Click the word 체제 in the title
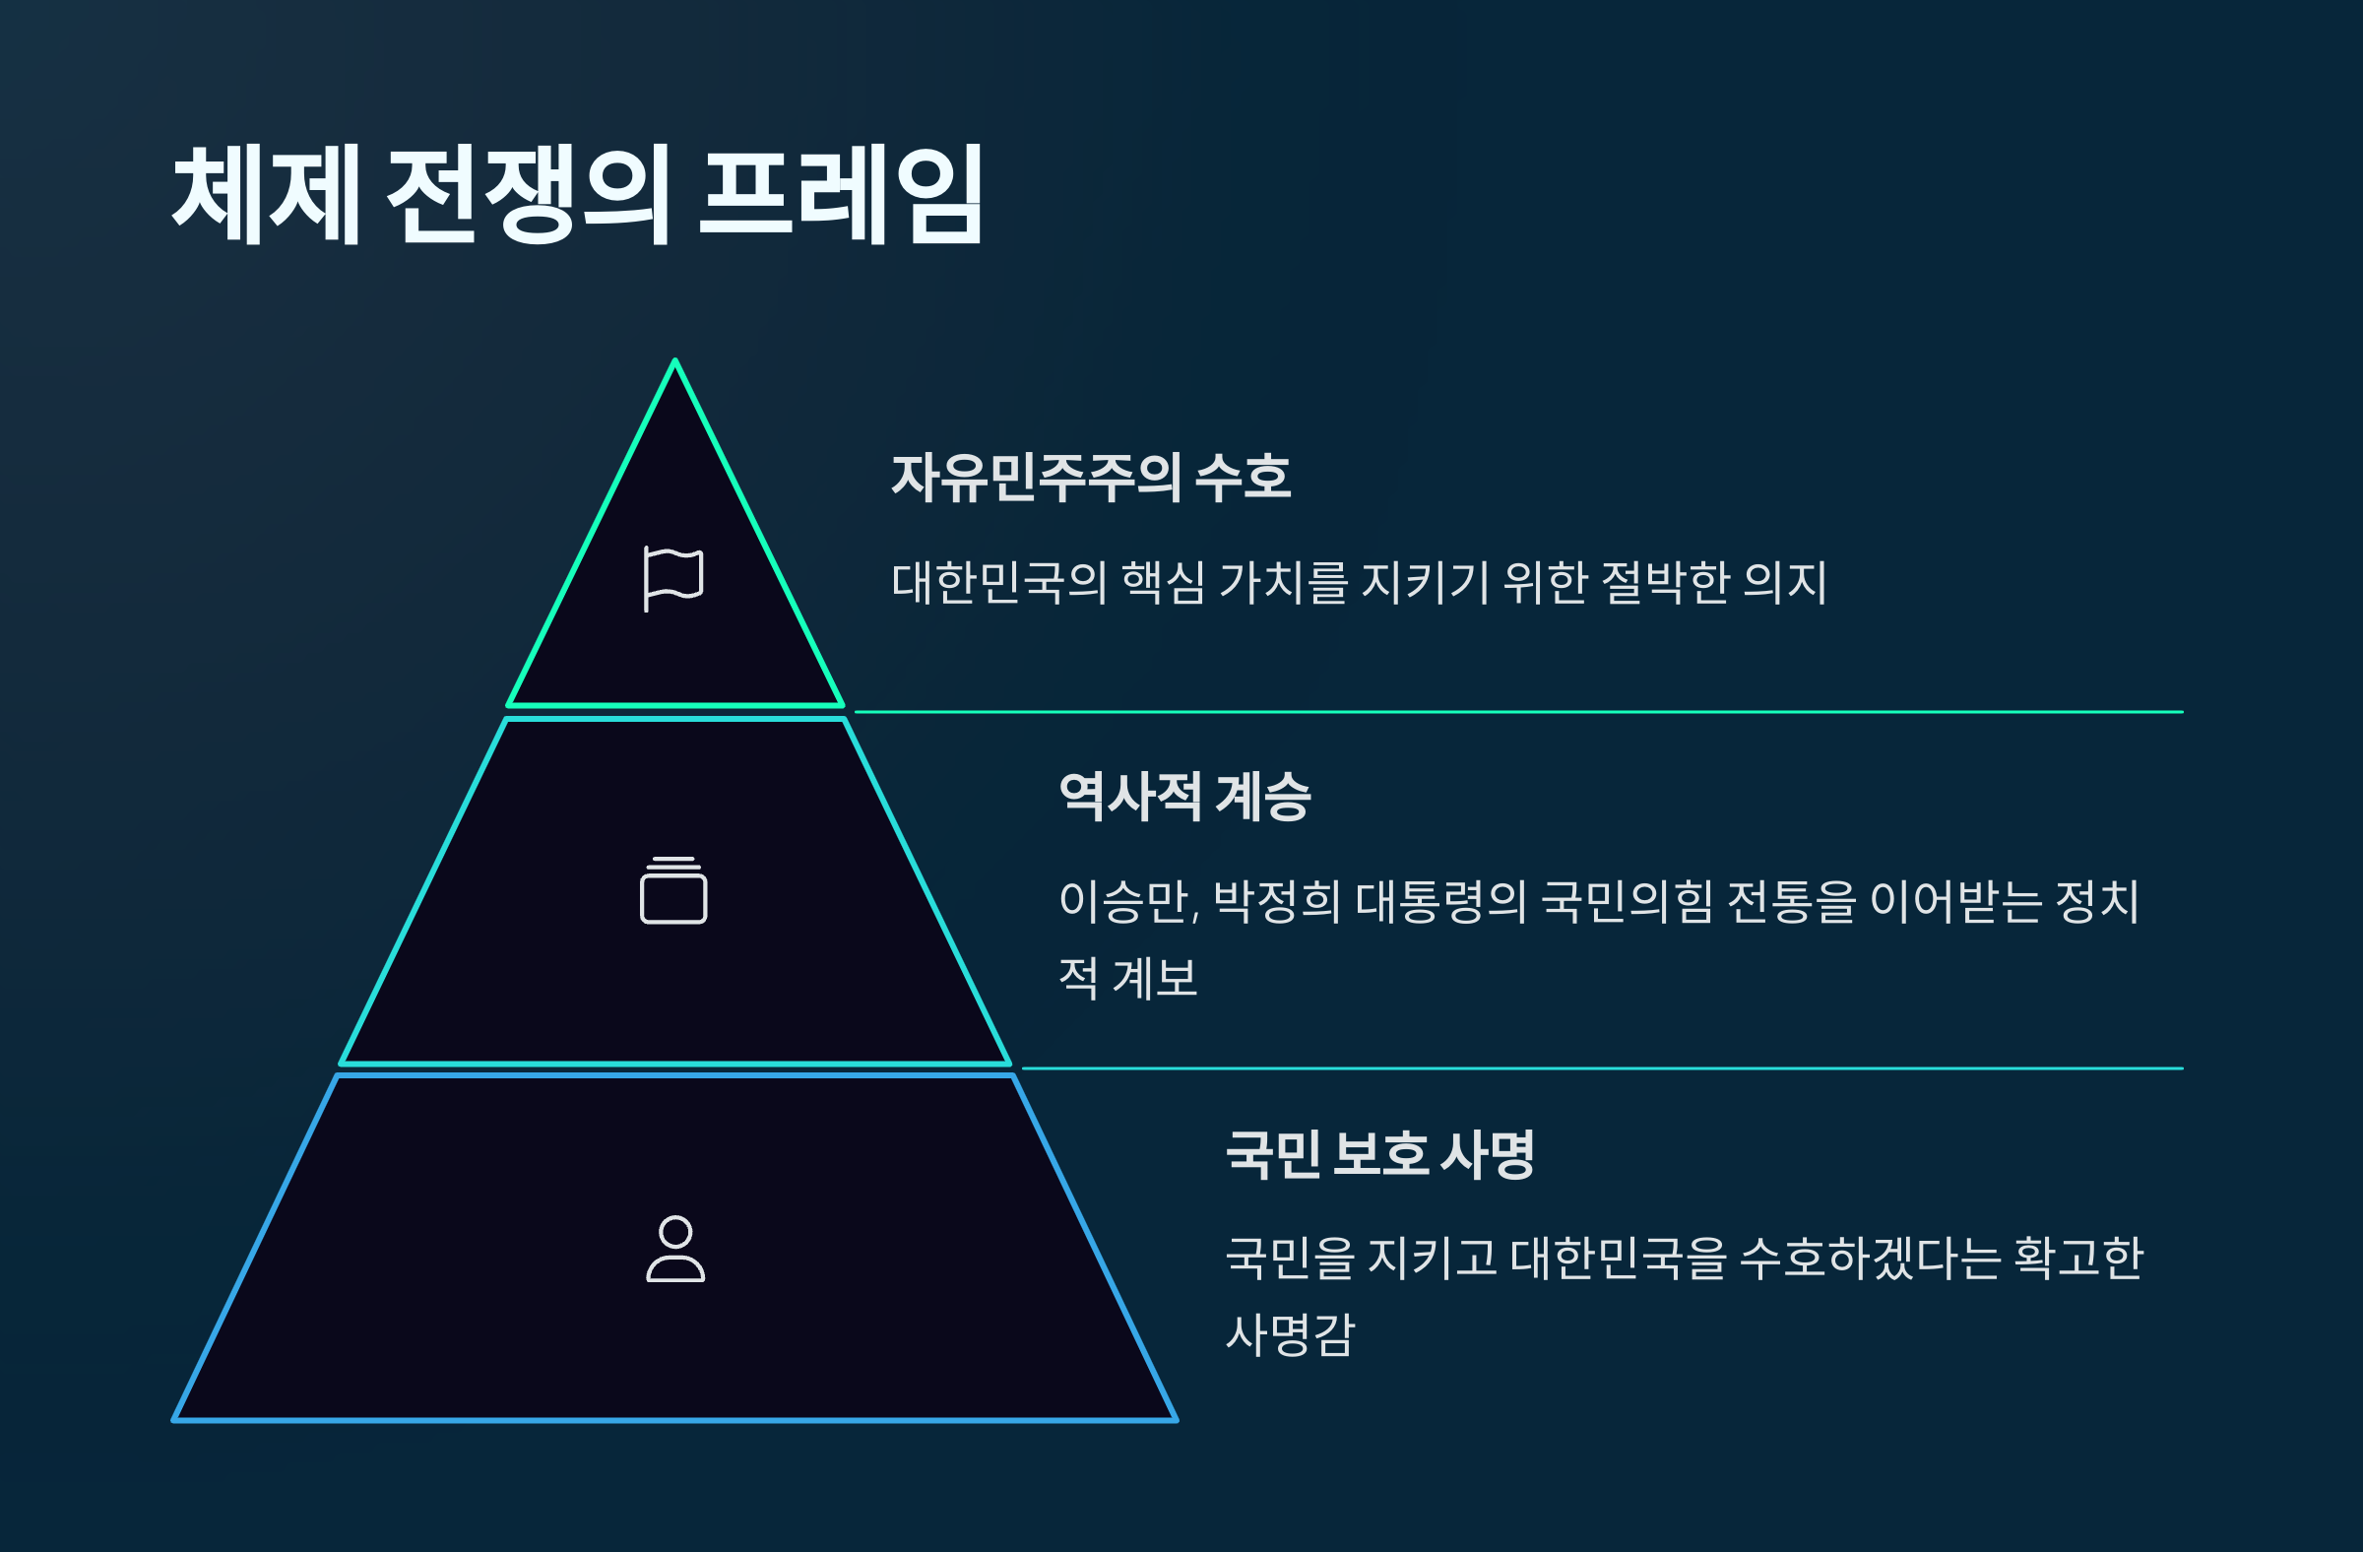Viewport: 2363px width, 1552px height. click(x=266, y=194)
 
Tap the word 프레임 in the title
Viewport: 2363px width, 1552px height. click(x=841, y=194)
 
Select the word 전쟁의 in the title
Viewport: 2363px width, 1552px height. click(x=528, y=194)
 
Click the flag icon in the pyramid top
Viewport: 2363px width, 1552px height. click(x=673, y=578)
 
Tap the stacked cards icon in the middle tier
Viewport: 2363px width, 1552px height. click(x=673, y=890)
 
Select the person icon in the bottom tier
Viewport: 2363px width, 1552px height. click(x=675, y=1249)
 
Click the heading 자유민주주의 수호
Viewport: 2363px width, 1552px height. click(x=1090, y=478)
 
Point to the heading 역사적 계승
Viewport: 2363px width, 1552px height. click(x=1184, y=797)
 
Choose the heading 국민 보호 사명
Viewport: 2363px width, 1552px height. click(x=1380, y=1154)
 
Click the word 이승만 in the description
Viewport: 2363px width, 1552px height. click(x=1127, y=902)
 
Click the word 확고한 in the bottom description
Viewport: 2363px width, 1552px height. click(x=2078, y=1259)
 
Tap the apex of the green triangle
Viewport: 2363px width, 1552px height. click(x=675, y=362)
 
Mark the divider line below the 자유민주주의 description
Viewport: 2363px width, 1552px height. click(x=1519, y=712)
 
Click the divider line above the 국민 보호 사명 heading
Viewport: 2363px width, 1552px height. click(x=1603, y=1068)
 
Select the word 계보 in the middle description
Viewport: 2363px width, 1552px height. click(x=1155, y=978)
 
